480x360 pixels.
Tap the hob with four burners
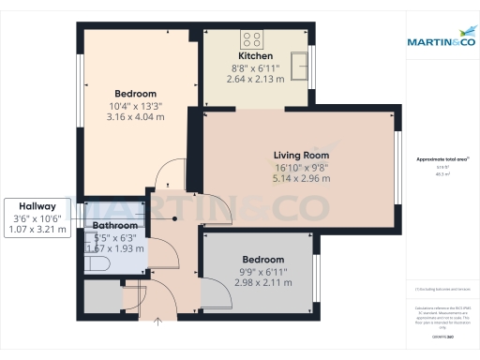pos(252,39)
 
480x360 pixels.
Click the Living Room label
pos(301,155)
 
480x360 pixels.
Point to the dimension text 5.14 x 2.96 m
pos(301,178)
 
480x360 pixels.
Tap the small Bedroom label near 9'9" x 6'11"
pos(262,259)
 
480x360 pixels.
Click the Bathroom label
pos(114,226)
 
